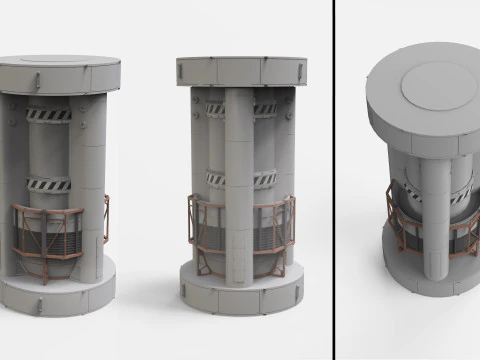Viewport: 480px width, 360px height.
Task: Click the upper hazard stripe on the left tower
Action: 49,114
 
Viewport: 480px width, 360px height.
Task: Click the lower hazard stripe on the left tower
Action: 49,184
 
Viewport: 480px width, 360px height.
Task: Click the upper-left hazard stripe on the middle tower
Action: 214,109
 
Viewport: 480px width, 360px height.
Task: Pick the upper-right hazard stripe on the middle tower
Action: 264,109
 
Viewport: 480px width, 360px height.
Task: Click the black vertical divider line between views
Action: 333,180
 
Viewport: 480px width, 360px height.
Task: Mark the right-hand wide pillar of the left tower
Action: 91,190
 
